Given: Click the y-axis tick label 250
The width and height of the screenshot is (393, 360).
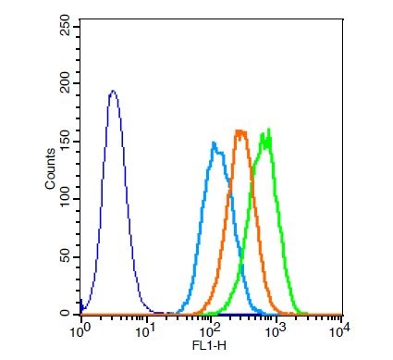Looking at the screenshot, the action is [x=66, y=26].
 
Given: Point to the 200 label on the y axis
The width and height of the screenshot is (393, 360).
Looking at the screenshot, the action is [x=66, y=83].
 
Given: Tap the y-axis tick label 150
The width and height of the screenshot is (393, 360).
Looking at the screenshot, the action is [x=66, y=142].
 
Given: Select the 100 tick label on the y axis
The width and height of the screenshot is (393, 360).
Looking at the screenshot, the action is [x=66, y=199].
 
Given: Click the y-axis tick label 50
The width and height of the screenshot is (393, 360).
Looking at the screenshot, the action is [x=66, y=257].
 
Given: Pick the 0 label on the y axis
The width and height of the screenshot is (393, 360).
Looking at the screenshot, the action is [x=66, y=314].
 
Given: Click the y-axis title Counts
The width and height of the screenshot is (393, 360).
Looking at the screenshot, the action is [x=50, y=168].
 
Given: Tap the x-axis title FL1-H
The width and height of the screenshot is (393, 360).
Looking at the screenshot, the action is [x=209, y=346].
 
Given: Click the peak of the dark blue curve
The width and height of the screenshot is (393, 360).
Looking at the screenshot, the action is [x=113, y=91].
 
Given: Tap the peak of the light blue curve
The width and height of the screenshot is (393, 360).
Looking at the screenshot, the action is [x=214, y=143].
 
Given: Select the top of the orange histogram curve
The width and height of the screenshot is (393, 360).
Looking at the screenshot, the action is [x=240, y=131].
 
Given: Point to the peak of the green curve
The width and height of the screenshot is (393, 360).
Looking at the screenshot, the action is [x=269, y=129].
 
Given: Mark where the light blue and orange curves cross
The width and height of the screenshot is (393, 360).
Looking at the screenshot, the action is [x=229, y=187].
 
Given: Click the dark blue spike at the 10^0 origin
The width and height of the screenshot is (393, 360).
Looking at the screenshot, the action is [x=80, y=306].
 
